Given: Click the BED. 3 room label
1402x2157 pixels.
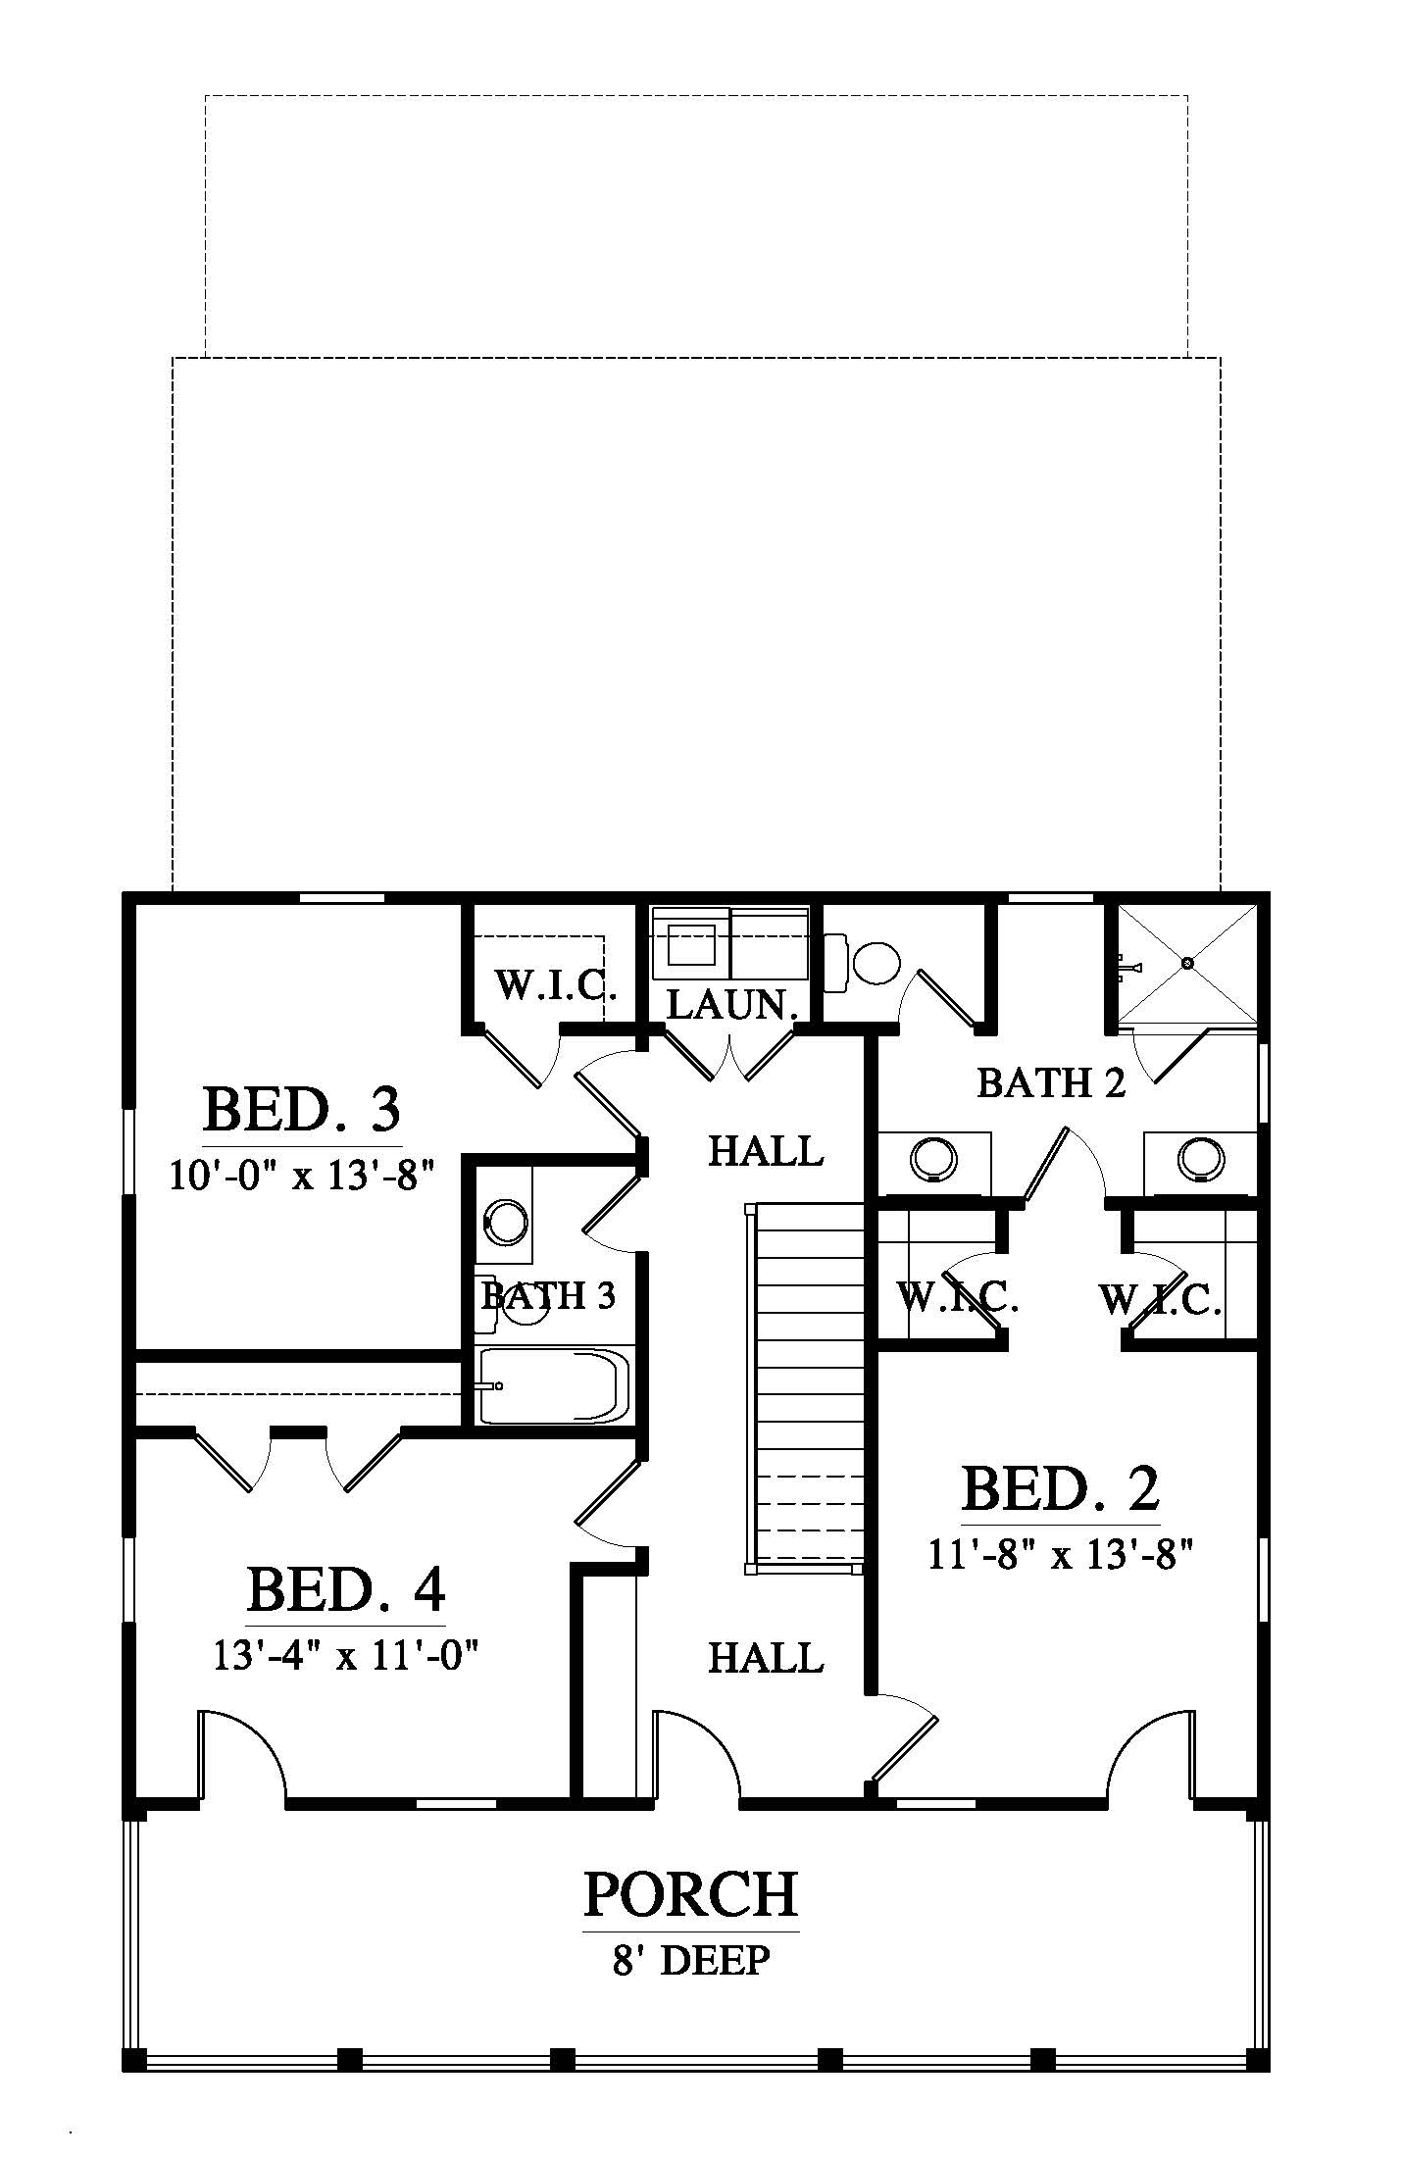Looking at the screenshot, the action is click(302, 1111).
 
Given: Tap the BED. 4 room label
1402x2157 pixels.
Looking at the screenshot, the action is click(346, 1590).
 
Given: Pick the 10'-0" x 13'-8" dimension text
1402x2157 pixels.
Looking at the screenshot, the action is click(302, 1174).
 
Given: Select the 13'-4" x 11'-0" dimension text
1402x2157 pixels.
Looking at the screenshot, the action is click(345, 1655).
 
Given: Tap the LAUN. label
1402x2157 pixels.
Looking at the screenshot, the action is click(730, 1005).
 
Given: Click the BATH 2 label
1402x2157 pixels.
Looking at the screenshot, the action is click(1051, 1083).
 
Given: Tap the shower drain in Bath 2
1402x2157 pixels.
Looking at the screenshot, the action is click(1189, 963).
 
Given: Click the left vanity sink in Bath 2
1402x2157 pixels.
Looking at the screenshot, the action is click(933, 1159).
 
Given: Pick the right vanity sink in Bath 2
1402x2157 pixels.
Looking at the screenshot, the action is click(1201, 1159).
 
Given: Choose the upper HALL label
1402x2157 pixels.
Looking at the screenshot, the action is click(766, 1150).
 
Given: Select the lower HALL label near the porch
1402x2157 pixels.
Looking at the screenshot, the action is click(766, 1658).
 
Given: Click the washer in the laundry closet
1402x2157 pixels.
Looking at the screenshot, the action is click(692, 942).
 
